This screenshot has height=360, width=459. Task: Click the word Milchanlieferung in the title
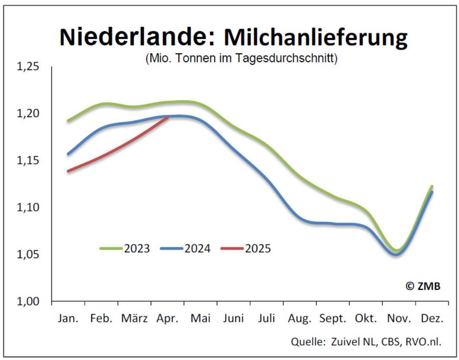[316, 37]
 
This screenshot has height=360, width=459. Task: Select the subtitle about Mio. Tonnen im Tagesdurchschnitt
[241, 59]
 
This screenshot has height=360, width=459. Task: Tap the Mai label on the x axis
[201, 318]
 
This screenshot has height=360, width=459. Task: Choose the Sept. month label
[333, 318]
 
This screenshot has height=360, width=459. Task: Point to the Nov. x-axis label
[399, 318]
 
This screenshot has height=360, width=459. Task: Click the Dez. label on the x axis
[432, 318]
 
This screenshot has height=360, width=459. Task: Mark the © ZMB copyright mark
[423, 286]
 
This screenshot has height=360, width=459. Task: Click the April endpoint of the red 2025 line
[168, 117]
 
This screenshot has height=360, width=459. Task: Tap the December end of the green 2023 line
[432, 186]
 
